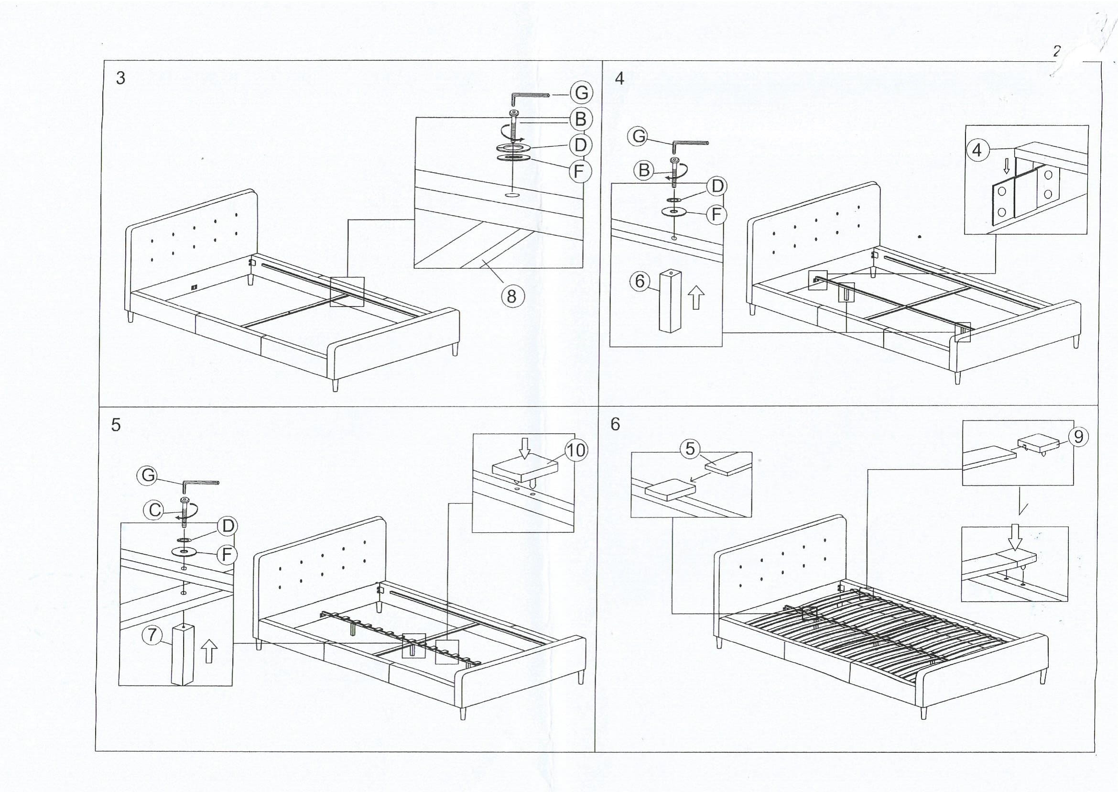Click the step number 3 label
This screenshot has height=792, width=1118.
[120, 78]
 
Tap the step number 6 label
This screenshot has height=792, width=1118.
[615, 424]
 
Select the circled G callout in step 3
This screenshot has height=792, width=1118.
[581, 93]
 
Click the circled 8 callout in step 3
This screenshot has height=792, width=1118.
[511, 296]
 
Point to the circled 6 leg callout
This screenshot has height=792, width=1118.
[640, 281]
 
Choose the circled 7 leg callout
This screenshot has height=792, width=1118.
[152, 635]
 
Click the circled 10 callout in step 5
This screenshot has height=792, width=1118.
[576, 450]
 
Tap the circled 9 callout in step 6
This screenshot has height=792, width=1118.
[1078, 437]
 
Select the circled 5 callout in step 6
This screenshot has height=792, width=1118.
[690, 448]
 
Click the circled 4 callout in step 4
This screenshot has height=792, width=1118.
[977, 150]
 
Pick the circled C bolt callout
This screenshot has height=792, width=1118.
[155, 511]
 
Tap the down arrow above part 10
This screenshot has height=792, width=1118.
[524, 448]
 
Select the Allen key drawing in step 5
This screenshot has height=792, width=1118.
[200, 484]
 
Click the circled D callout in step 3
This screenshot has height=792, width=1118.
[580, 145]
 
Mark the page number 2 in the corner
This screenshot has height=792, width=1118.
[1057, 52]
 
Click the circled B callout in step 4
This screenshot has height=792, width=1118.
[644, 170]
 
